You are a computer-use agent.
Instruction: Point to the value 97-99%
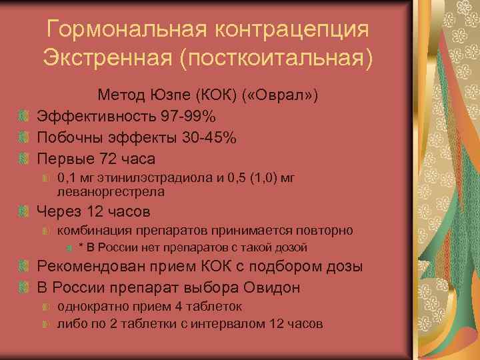coord(188,117)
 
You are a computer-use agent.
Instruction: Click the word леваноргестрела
coord(111,191)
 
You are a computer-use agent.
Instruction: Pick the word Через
coord(61,212)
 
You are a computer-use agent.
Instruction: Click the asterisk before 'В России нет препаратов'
coord(81,248)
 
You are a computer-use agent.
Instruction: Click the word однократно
coord(91,307)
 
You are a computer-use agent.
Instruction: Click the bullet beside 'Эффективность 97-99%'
coord(24,117)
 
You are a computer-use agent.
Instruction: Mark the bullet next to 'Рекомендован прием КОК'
coord(24,268)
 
